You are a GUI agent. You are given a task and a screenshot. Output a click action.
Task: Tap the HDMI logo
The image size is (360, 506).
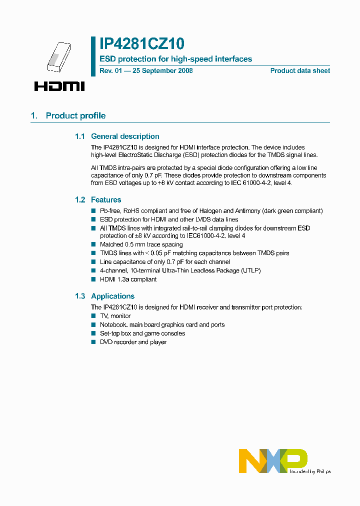click(x=59, y=86)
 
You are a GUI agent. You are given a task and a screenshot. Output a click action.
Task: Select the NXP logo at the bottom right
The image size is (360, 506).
click(x=272, y=460)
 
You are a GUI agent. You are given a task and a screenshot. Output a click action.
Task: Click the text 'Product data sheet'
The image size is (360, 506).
click(x=300, y=70)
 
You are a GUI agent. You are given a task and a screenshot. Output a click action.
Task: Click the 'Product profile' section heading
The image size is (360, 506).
click(x=75, y=115)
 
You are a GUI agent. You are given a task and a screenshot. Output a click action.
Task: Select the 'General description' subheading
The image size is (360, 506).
click(x=125, y=136)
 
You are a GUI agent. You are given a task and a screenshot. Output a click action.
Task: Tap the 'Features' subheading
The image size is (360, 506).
click(x=106, y=199)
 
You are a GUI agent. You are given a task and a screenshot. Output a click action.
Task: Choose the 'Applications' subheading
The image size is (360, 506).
click(x=112, y=296)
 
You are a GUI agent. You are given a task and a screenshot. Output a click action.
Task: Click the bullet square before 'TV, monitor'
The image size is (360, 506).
click(x=93, y=316)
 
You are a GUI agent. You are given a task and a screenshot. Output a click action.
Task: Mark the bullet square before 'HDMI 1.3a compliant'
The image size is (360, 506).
click(x=93, y=279)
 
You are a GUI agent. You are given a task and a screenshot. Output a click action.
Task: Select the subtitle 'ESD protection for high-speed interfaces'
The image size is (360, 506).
click(x=176, y=59)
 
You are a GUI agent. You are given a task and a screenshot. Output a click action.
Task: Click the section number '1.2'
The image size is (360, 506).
click(x=80, y=199)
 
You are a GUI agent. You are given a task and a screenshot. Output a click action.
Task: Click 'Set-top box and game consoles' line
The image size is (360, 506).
click(x=142, y=333)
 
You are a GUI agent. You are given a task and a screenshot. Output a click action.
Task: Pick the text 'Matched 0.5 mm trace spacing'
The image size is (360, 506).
click(x=141, y=244)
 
